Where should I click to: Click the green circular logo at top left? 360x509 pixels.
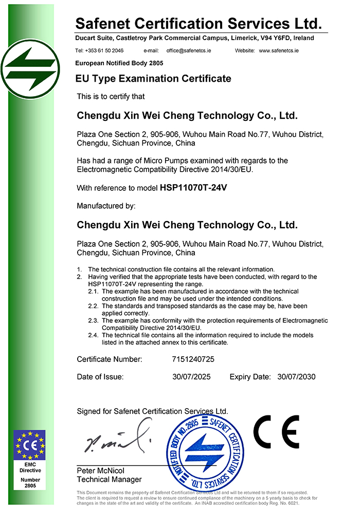pyautogui.click(x=31, y=70)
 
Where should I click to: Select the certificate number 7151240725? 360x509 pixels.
pyautogui.click(x=193, y=359)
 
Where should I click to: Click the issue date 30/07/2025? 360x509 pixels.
pyautogui.click(x=192, y=377)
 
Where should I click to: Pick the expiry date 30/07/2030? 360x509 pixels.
pyautogui.click(x=296, y=377)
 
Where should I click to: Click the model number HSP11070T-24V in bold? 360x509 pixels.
pyautogui.click(x=193, y=188)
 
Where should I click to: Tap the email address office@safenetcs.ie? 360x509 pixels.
pyautogui.click(x=188, y=51)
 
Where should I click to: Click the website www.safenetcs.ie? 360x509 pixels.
pyautogui.click(x=279, y=51)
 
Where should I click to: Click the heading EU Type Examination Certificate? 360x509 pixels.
pyautogui.click(x=153, y=79)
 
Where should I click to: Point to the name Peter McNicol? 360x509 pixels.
pyautogui.click(x=101, y=471)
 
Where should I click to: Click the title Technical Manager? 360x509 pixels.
pyautogui.click(x=109, y=479)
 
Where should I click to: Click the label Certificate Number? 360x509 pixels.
pyautogui.click(x=110, y=359)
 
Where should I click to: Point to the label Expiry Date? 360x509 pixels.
pyautogui.click(x=250, y=377)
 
